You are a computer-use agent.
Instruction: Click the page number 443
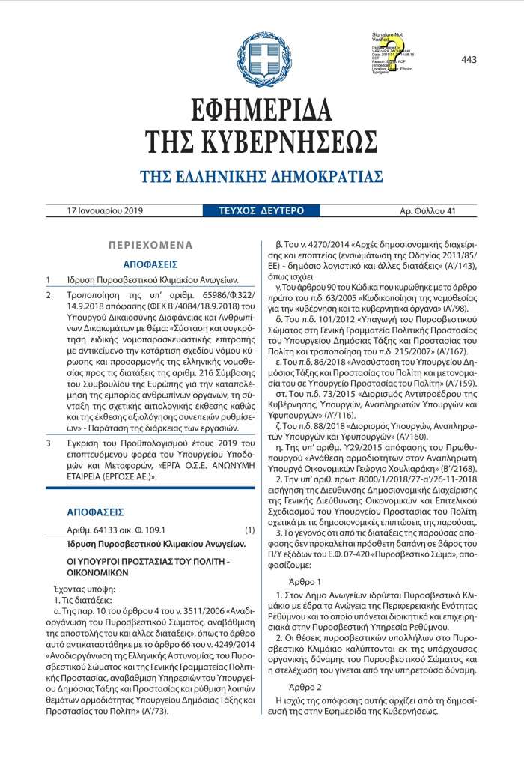click(469, 59)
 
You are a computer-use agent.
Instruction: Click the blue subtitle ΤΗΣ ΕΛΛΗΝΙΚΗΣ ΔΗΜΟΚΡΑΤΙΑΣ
click(261, 177)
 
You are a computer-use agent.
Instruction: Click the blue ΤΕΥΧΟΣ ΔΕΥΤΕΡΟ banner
click(256, 211)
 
